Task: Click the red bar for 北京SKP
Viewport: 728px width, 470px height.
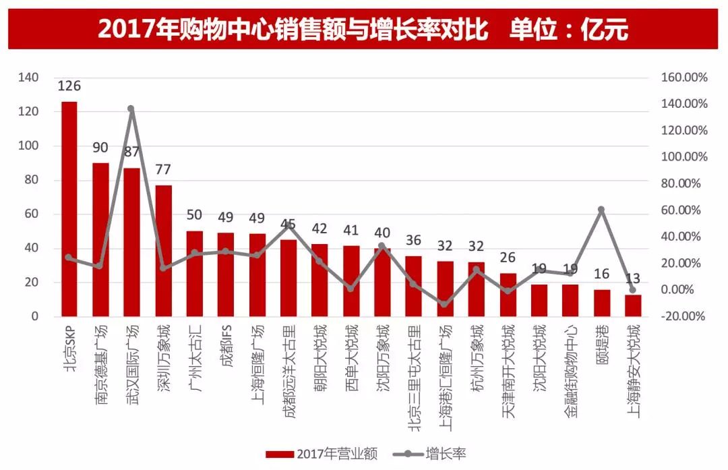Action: coord(69,209)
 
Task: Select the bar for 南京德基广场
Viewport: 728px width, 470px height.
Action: coord(100,239)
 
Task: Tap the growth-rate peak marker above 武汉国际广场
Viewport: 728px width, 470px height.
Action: coord(131,109)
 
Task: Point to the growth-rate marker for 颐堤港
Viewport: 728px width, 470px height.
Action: coord(601,210)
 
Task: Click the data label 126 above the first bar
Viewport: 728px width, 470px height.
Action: coord(69,86)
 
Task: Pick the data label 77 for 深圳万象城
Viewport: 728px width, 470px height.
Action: coord(163,169)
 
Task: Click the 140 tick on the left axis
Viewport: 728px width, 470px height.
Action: coord(29,78)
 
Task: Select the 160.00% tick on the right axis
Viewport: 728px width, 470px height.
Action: coord(684,78)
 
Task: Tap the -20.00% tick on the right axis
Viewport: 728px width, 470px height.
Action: coord(684,316)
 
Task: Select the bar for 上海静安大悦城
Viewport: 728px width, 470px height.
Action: coord(633,305)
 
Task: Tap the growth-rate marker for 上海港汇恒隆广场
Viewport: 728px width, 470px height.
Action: coord(445,304)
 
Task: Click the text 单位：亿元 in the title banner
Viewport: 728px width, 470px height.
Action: coord(570,29)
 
